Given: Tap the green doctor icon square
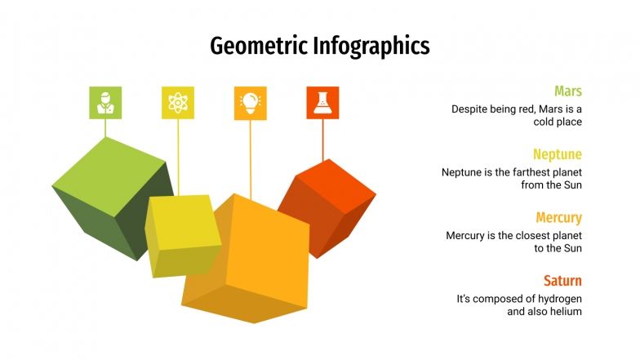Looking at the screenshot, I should (105, 103).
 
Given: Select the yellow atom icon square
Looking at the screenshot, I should (178, 103).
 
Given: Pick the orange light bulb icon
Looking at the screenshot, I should (250, 103).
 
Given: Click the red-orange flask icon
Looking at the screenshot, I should (322, 103).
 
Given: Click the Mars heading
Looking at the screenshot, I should (568, 91).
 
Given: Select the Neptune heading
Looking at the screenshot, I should (558, 154).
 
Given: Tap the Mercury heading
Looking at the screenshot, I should (559, 218).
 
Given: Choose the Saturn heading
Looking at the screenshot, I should (562, 282).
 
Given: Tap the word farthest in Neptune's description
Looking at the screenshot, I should (531, 172).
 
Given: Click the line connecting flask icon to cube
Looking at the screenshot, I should (323, 139).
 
